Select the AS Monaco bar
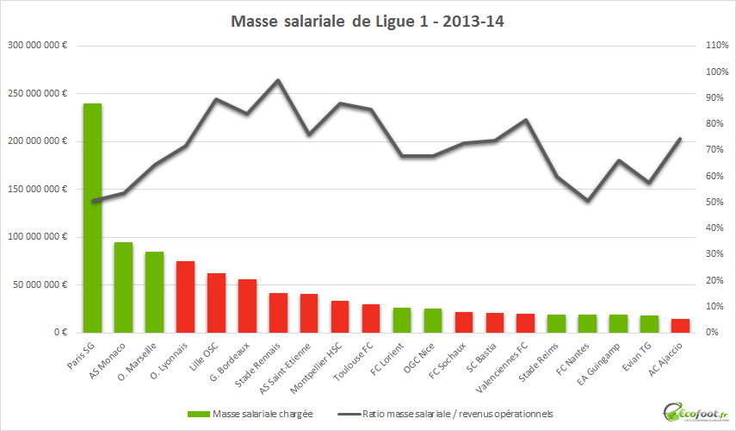(x=123, y=287)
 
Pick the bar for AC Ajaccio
(x=681, y=326)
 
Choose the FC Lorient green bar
(x=402, y=320)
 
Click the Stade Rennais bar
(x=278, y=313)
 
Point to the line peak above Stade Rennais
(x=278, y=80)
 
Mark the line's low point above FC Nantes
(x=588, y=201)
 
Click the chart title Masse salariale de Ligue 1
(x=367, y=22)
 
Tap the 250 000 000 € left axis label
(x=38, y=93)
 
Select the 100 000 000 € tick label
(x=38, y=236)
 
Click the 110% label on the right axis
(x=717, y=46)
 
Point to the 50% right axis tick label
(x=715, y=202)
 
